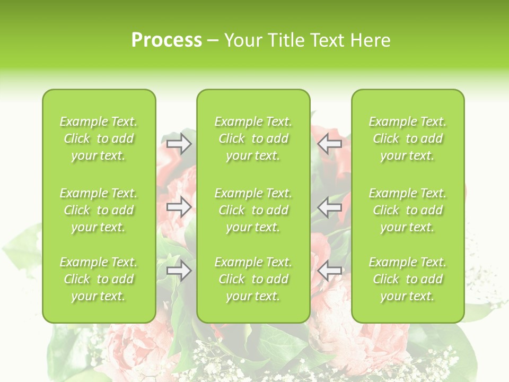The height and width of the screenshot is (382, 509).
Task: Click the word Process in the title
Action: (x=166, y=40)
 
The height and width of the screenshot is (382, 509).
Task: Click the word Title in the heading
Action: (x=282, y=40)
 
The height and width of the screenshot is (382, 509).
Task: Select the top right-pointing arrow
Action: (x=179, y=143)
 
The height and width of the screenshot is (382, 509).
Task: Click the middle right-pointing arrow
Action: (x=179, y=207)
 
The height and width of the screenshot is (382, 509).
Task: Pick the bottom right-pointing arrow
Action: (x=179, y=271)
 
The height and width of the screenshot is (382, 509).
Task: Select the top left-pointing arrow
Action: (x=330, y=143)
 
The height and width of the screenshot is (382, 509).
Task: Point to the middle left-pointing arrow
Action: (x=330, y=207)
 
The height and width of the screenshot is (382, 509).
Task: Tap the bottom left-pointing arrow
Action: (x=330, y=271)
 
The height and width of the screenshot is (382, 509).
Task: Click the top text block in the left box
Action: (x=99, y=138)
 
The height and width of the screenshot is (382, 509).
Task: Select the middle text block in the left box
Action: (x=99, y=210)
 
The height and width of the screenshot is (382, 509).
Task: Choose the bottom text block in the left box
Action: (x=99, y=279)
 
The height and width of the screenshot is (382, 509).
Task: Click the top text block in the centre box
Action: (x=253, y=138)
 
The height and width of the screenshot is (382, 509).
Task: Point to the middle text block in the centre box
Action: (x=253, y=210)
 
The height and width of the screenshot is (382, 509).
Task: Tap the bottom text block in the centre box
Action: (x=253, y=279)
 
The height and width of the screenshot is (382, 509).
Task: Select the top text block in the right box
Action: (x=408, y=138)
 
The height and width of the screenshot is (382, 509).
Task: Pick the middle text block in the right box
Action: (x=408, y=210)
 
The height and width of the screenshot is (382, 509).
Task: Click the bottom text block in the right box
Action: (x=408, y=279)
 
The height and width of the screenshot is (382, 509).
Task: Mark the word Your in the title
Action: (x=241, y=40)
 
